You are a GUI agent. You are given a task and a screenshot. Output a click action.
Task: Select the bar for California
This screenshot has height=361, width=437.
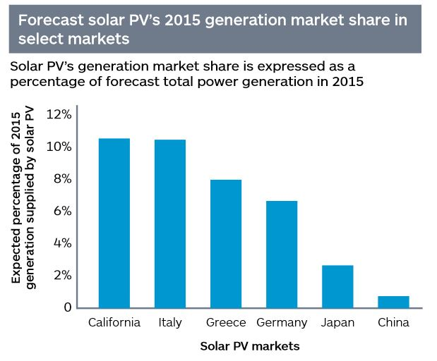tap(114, 223)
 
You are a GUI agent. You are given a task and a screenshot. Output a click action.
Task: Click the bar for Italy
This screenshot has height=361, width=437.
tap(170, 224)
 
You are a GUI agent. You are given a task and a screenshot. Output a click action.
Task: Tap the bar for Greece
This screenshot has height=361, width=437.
tap(226, 243)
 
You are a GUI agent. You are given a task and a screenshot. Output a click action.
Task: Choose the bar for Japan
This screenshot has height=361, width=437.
tap(337, 286)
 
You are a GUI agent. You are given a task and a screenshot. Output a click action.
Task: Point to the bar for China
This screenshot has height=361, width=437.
tap(393, 302)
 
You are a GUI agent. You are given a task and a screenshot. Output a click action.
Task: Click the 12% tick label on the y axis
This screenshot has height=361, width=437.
tap(58, 114)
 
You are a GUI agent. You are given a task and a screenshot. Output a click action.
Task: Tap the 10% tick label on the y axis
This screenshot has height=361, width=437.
tap(58, 147)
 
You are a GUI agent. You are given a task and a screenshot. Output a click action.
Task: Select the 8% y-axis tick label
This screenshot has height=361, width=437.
tap(61, 179)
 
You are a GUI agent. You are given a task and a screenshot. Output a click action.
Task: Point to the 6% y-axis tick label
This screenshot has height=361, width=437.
tap(61, 211)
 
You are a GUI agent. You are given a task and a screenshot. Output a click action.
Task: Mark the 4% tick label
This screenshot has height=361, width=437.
tap(61, 243)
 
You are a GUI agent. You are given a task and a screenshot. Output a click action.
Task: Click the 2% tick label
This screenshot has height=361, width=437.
tap(61, 275)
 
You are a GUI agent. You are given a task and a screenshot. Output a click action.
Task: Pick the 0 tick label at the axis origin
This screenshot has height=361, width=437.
tap(67, 307)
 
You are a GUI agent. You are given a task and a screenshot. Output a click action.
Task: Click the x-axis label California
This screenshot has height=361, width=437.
tap(114, 323)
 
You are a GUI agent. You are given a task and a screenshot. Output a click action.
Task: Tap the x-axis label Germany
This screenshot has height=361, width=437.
tap(282, 323)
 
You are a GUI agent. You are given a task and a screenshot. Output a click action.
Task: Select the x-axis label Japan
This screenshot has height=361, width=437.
tap(337, 323)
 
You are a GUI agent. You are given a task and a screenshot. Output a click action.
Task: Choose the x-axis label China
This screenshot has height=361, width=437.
tap(393, 323)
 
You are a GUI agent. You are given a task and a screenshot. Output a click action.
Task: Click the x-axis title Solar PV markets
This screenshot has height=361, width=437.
tap(250, 346)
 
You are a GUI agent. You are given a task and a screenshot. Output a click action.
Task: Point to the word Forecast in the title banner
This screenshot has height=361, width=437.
tap(49, 20)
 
